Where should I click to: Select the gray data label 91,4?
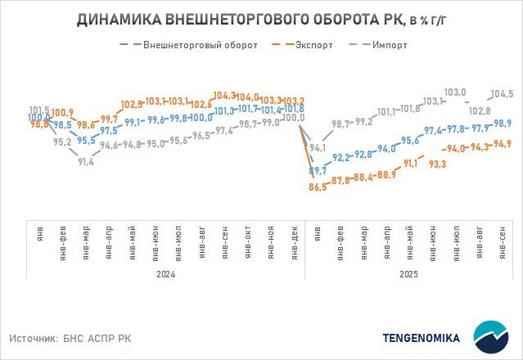click(x=84, y=162)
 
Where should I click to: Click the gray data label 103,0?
click(x=454, y=92)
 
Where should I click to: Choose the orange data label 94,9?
click(x=503, y=144)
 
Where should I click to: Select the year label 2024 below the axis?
click(x=166, y=275)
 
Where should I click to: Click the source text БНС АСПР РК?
click(x=96, y=338)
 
